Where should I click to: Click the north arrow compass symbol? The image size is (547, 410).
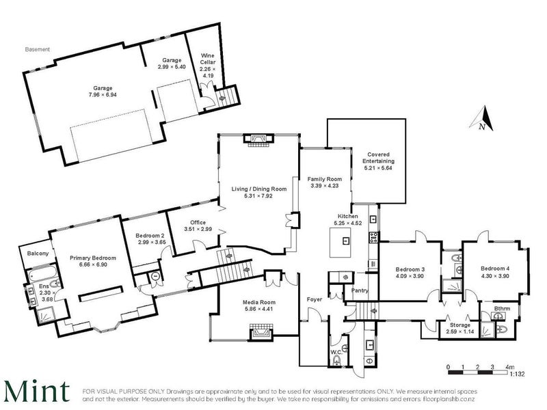[x=482, y=119]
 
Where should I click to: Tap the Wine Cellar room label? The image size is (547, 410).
[x=207, y=59]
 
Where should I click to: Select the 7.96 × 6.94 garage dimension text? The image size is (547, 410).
[x=103, y=94]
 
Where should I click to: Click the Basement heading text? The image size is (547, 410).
[x=38, y=49]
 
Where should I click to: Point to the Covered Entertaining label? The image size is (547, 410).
[x=379, y=158]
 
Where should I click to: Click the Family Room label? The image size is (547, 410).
[x=324, y=179]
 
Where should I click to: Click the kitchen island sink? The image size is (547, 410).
[x=346, y=241]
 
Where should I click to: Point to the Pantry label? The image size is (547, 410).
[x=360, y=290]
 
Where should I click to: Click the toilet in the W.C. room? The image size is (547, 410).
[x=336, y=360]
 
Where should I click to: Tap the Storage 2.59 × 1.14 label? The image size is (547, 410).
[x=459, y=328]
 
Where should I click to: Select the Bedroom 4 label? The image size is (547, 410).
[x=495, y=269]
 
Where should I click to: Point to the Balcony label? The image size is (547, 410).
[x=38, y=253]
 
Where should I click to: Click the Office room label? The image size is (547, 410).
[x=198, y=222]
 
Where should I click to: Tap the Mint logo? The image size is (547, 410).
[x=37, y=391]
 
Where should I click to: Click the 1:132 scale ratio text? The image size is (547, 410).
[x=517, y=374]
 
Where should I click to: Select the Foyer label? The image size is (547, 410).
[x=315, y=299]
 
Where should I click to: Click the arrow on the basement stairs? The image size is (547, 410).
[x=222, y=98]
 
